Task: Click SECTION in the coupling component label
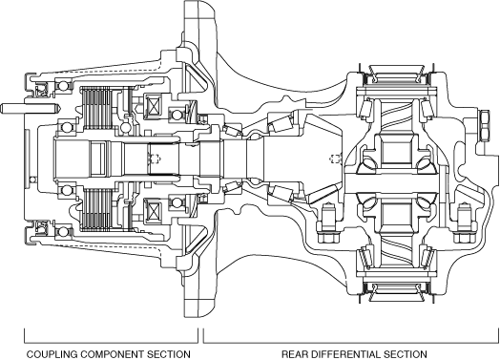pyautogui.click(x=168, y=354)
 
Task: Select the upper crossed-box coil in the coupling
pyautogui.click(x=153, y=105)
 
